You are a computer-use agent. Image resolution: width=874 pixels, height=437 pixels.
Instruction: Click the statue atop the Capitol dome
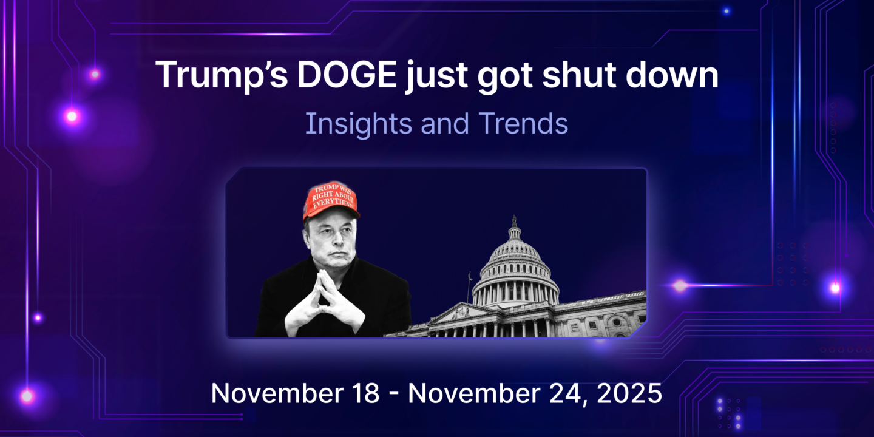(x=514, y=221)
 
